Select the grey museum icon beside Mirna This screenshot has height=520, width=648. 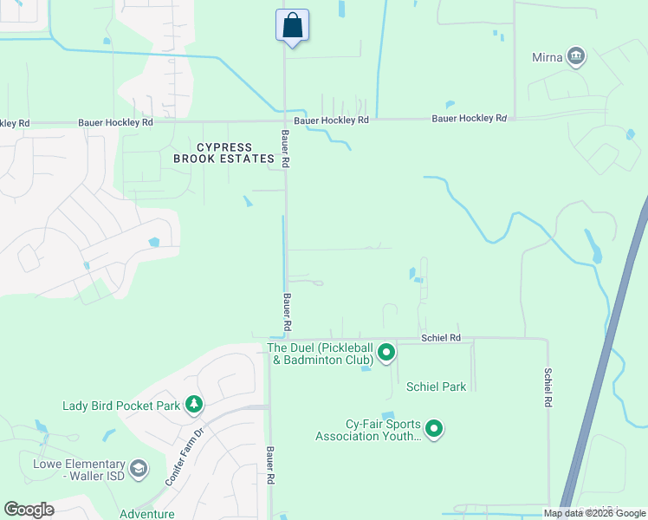click(x=575, y=58)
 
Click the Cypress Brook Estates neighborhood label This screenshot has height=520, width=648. click(x=224, y=153)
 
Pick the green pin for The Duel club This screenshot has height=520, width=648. click(x=386, y=354)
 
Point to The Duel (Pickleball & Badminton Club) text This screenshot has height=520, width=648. click(x=320, y=354)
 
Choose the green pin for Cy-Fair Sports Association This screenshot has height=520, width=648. click(x=434, y=429)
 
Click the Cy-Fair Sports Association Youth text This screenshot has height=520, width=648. click(x=368, y=430)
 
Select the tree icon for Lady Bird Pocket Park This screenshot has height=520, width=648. click(x=195, y=405)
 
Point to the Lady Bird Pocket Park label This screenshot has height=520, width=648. click(x=120, y=406)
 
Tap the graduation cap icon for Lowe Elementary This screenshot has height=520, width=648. click(x=139, y=471)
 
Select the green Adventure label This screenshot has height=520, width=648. click(x=146, y=514)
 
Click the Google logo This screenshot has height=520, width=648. click(x=29, y=510)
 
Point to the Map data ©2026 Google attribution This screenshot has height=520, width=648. click(x=594, y=513)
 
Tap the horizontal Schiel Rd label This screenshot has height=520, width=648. click(x=440, y=337)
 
